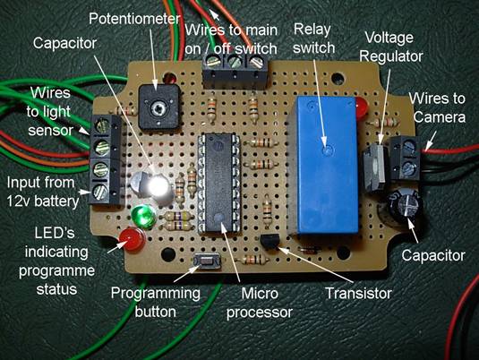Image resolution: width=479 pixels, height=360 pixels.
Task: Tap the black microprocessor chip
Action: point(218,183)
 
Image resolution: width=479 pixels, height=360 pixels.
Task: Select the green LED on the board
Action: point(143,217)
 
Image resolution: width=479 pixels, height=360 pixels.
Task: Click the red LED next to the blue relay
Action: point(362,107)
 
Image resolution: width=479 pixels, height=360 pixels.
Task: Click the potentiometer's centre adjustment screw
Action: point(158,107)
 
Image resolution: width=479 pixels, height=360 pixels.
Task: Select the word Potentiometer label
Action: point(134,19)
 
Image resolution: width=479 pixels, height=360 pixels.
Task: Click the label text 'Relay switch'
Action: point(313,39)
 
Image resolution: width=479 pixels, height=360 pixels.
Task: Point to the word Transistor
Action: point(359,294)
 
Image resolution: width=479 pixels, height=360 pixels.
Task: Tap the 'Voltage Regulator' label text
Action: point(391,47)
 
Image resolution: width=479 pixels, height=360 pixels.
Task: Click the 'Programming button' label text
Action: point(155,303)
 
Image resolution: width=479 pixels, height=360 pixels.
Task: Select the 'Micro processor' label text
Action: point(260,303)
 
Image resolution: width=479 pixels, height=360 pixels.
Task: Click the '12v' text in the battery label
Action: point(19,201)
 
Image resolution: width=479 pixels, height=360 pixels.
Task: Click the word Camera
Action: point(440,117)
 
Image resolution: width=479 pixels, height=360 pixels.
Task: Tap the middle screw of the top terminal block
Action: point(235,61)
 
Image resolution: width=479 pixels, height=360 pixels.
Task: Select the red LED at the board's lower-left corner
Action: point(132,239)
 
